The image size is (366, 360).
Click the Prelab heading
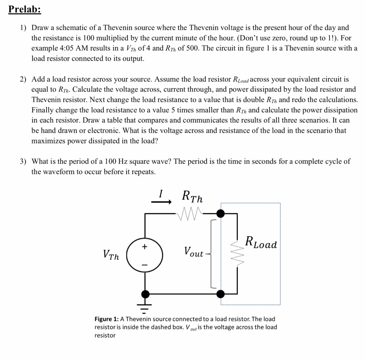(25, 9)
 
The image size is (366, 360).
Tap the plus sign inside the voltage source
(145, 246)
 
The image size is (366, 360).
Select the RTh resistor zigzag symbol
(190, 214)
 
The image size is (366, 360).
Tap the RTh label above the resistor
(192, 196)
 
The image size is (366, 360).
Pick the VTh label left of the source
(112, 255)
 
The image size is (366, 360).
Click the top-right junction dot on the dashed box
(221, 214)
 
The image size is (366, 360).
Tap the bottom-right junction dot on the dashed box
(221, 294)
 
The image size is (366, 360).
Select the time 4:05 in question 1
(61, 48)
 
